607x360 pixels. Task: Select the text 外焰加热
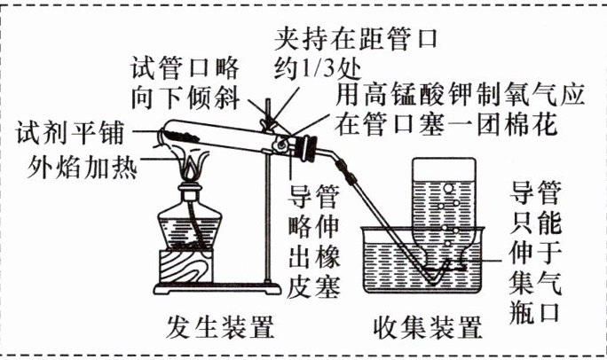click(x=82, y=164)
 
